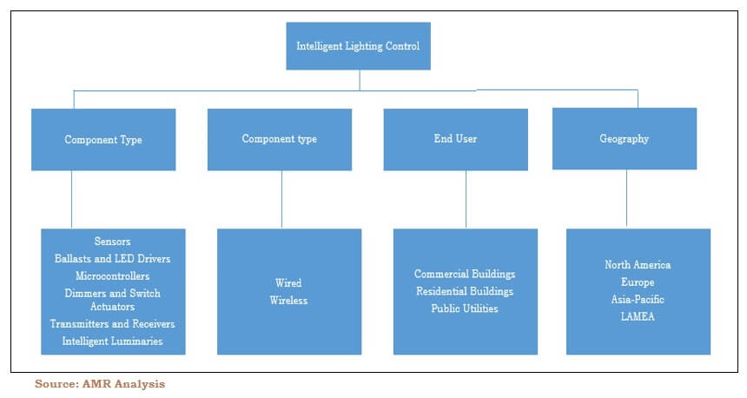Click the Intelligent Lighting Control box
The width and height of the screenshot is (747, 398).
(358, 46)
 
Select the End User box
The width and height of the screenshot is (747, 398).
(455, 139)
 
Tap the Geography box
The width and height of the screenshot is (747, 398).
(624, 139)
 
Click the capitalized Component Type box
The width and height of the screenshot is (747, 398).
(103, 139)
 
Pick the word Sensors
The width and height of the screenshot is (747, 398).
(112, 241)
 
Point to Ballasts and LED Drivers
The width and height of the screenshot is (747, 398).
(112, 258)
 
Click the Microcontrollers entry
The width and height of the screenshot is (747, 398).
(112, 275)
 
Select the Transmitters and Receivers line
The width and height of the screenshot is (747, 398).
(112, 324)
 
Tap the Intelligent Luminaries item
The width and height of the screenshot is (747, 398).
(112, 342)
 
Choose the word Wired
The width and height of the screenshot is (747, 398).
(288, 283)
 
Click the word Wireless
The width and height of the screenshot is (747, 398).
(288, 301)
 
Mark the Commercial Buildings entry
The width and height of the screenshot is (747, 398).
(464, 275)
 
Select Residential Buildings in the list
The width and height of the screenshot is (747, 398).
(464, 291)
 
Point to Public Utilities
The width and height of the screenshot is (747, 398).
(464, 308)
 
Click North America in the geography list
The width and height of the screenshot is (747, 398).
(638, 265)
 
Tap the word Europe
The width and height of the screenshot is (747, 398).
(638, 282)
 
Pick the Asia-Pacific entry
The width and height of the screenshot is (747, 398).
(638, 299)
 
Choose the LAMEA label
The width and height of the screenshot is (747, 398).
(638, 316)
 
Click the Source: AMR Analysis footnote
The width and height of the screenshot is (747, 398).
(100, 383)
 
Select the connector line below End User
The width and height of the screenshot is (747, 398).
(466, 199)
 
